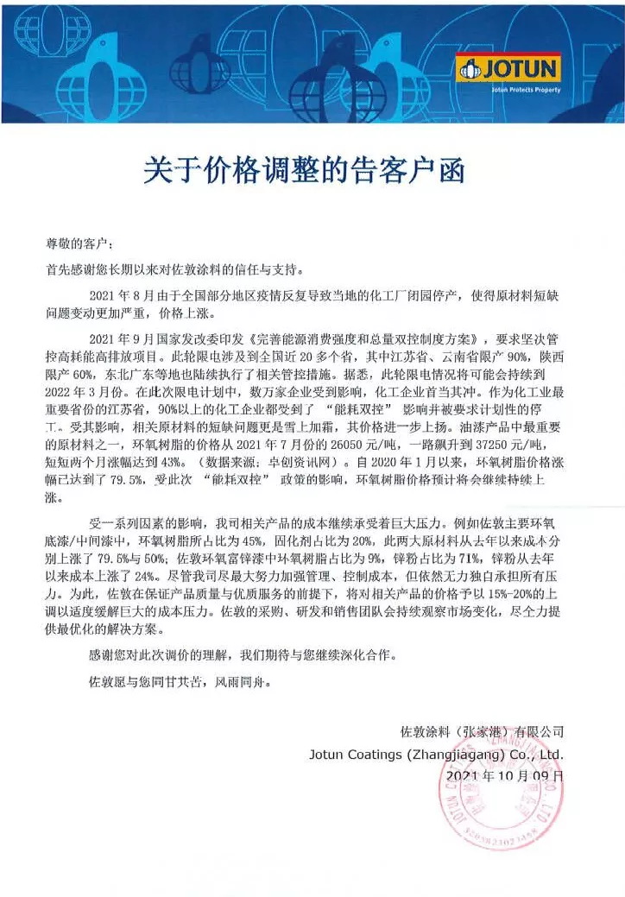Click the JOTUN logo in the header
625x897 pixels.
pos(508,68)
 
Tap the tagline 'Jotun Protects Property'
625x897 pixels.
pos(526,89)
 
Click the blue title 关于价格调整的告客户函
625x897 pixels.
pos(304,170)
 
